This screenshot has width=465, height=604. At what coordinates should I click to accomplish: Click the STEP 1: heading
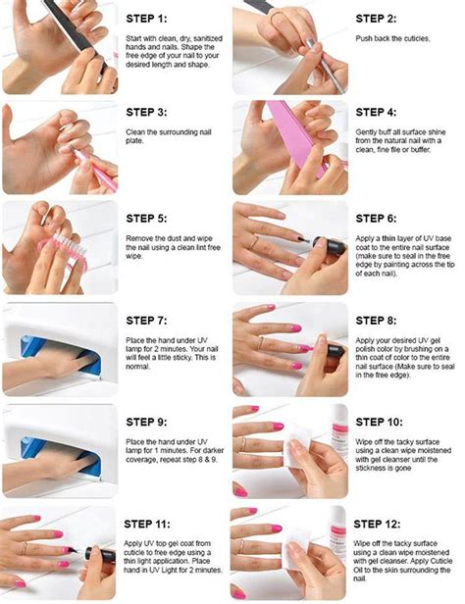click(x=153, y=18)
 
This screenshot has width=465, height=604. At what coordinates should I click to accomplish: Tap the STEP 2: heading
click(x=381, y=18)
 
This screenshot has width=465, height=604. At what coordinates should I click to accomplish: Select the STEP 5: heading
click(x=153, y=218)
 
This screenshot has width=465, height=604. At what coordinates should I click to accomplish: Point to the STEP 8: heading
click(x=381, y=319)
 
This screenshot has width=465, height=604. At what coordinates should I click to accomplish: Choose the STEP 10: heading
click(x=384, y=421)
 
